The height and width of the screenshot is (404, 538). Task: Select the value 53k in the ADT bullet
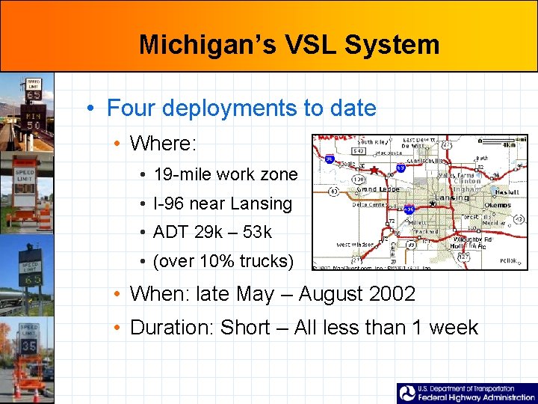(258, 232)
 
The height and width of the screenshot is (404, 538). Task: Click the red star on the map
(374, 171)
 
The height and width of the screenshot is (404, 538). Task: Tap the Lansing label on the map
(451, 198)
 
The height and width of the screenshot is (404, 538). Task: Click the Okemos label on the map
(498, 203)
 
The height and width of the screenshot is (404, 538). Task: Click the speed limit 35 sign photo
(29, 346)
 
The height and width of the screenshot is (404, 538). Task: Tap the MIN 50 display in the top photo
(34, 120)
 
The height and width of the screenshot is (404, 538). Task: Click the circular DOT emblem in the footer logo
(408, 393)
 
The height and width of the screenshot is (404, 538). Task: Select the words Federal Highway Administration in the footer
(477, 397)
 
